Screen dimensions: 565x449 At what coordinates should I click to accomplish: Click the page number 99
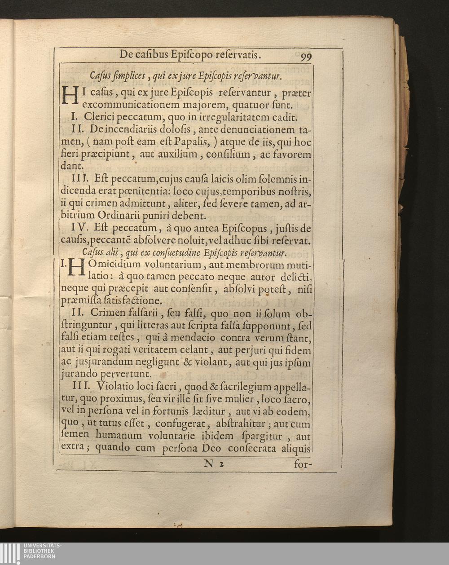coord(306,57)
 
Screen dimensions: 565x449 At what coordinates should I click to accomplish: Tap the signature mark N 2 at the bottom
coord(213,464)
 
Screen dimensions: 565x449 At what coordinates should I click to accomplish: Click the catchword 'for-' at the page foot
coord(303,464)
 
